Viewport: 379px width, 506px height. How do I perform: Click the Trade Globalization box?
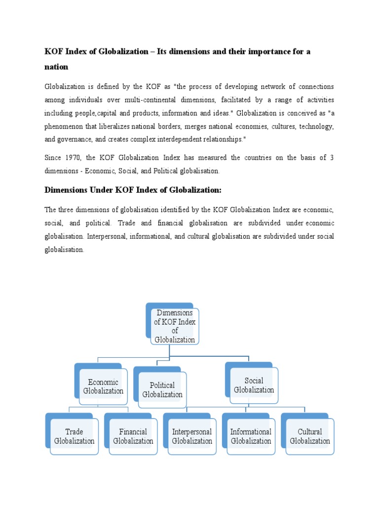pyautogui.click(x=74, y=436)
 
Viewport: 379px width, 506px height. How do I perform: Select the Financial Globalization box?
pyautogui.click(x=133, y=436)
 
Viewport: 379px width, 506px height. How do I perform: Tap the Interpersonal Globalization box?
pyautogui.click(x=191, y=436)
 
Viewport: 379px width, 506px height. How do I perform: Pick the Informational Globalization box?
pyautogui.click(x=251, y=436)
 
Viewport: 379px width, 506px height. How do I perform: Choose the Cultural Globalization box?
pyautogui.click(x=309, y=436)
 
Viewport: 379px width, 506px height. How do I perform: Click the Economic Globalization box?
pyautogui.click(x=103, y=386)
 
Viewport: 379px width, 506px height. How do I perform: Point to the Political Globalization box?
pyautogui.click(x=162, y=390)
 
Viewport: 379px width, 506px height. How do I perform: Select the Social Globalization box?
pyautogui.click(x=254, y=385)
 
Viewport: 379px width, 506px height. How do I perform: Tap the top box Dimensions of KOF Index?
pyautogui.click(x=175, y=326)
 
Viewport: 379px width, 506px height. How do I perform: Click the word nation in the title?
pyautogui.click(x=56, y=66)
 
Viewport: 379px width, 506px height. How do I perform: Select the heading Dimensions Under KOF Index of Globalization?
pyautogui.click(x=133, y=190)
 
